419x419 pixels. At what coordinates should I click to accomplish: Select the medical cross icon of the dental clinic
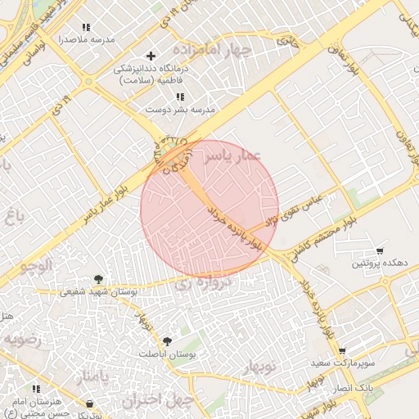tap(150, 56)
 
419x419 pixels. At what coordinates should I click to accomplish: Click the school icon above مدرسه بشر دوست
tap(180, 97)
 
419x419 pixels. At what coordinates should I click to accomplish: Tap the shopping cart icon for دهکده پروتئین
tap(380, 251)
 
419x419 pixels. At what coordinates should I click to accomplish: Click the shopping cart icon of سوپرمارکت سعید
tap(341, 350)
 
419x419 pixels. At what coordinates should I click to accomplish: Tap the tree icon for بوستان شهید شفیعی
tap(99, 279)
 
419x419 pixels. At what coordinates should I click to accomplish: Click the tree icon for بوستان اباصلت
tap(168, 340)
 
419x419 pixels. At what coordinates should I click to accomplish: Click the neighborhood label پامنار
tap(92, 378)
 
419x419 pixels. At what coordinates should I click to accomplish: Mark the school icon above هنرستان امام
tap(35, 389)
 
